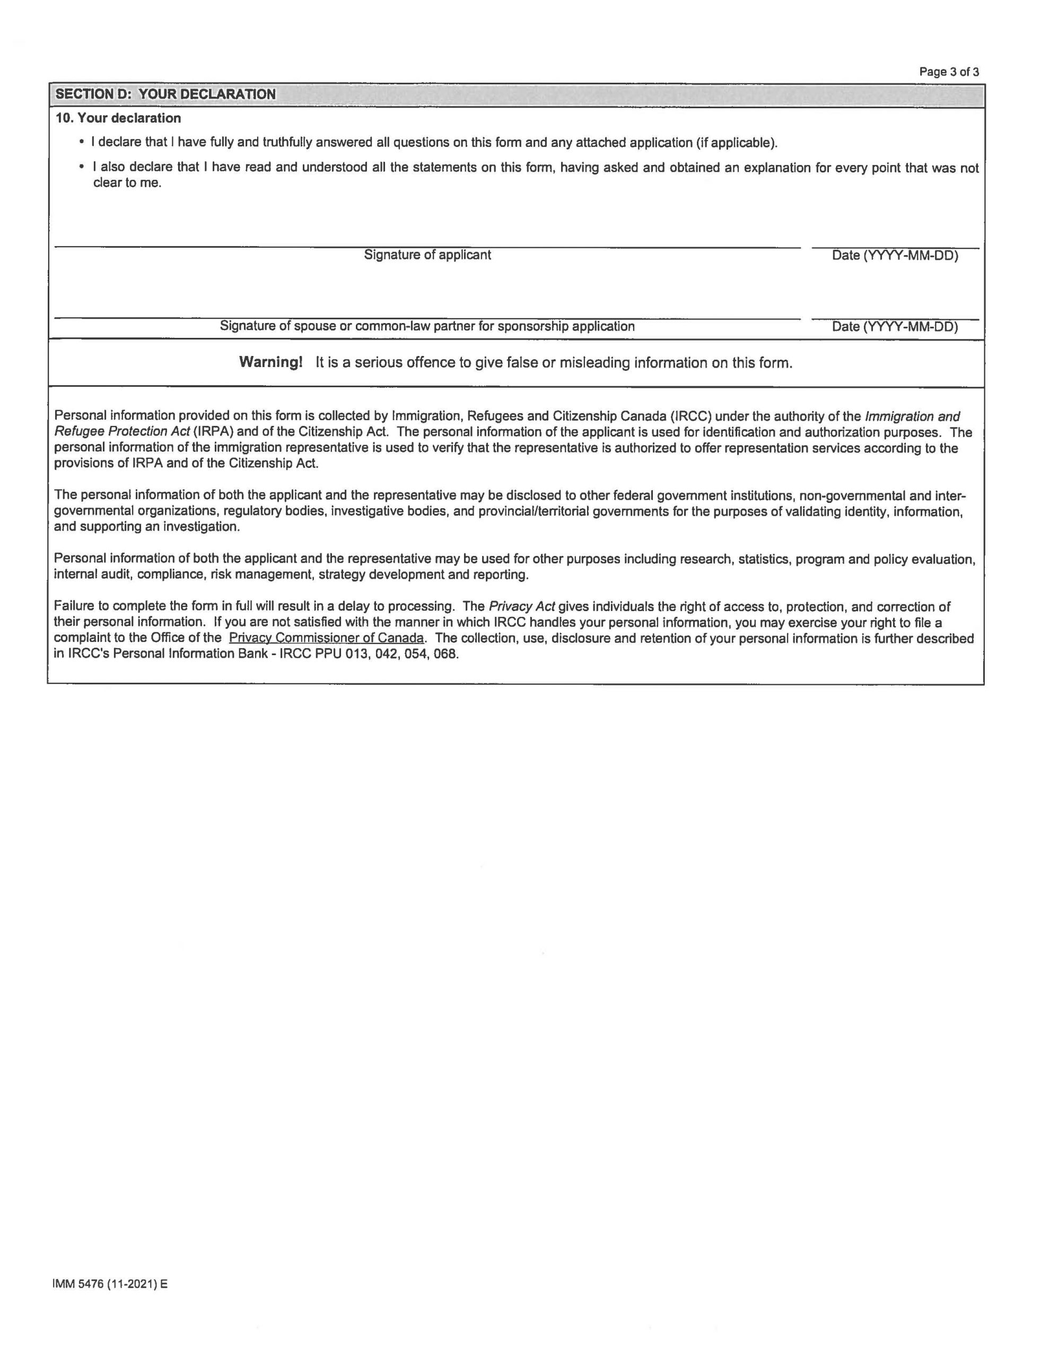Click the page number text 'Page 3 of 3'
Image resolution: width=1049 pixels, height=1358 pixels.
tap(948, 72)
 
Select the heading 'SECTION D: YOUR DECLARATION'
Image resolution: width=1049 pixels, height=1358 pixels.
tap(165, 94)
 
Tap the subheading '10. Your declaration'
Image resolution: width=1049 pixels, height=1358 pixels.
tap(118, 118)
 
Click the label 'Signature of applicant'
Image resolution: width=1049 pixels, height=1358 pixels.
tap(427, 255)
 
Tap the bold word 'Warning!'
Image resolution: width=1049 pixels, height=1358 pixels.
tap(270, 362)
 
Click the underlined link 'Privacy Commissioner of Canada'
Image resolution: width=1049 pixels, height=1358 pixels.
tap(327, 638)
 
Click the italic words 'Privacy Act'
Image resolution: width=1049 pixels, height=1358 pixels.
tap(522, 607)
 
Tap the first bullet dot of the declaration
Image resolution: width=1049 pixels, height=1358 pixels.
tap(82, 142)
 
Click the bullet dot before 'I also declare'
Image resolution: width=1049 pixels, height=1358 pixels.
tap(82, 167)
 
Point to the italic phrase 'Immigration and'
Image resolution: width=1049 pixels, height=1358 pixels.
tap(912, 416)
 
